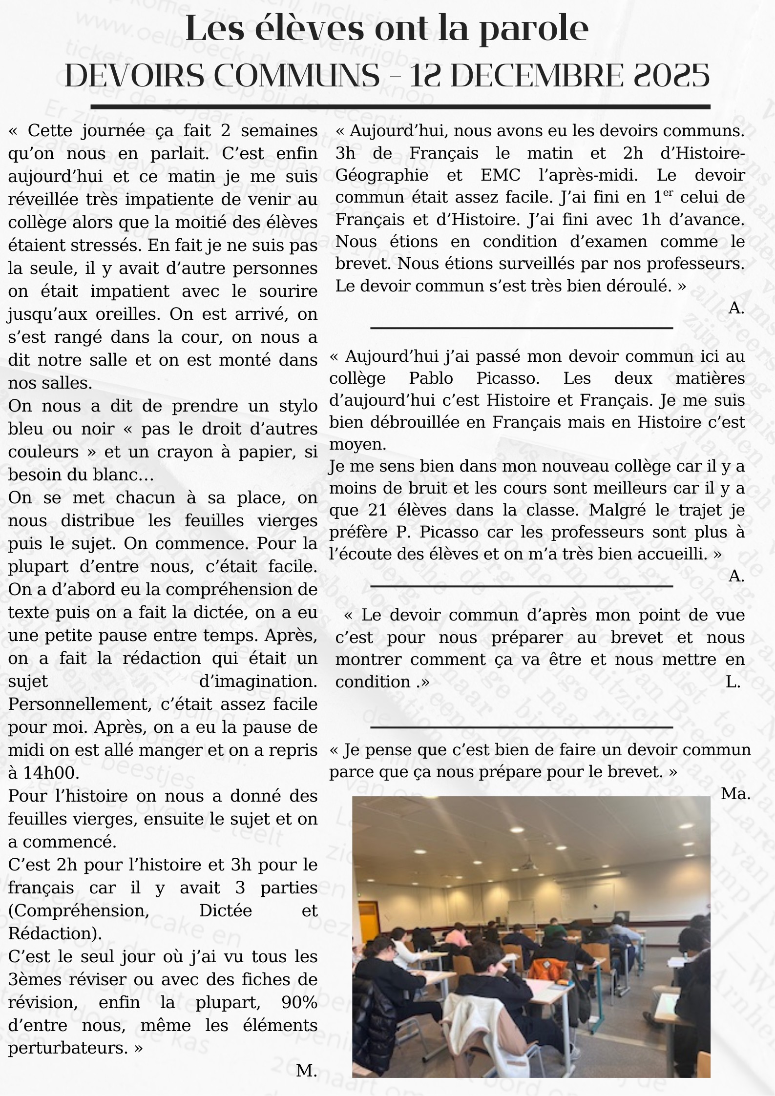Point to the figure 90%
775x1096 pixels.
pos(299,1003)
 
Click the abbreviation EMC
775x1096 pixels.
pos(500,175)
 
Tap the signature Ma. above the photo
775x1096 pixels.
pos(735,794)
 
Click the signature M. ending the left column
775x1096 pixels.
pos(306,1071)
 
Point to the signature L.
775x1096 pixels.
pos(733,682)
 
